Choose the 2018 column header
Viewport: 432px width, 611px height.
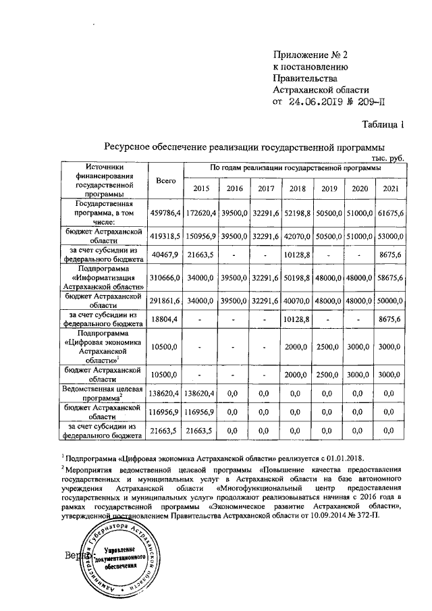tap(296, 188)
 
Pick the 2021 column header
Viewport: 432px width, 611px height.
tap(391, 188)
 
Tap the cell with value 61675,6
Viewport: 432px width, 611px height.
tap(391, 213)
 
